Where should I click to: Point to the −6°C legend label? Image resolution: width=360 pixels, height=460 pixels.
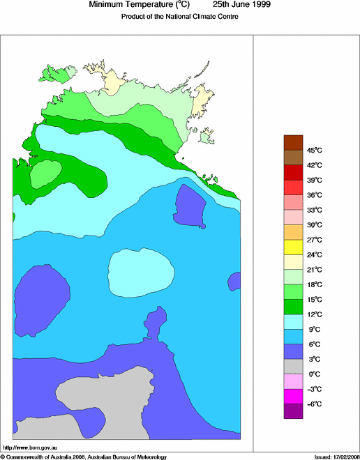point(315,404)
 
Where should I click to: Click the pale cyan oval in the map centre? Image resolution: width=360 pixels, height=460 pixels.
point(141,272)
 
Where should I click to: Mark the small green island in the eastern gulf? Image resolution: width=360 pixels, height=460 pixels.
point(204,137)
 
